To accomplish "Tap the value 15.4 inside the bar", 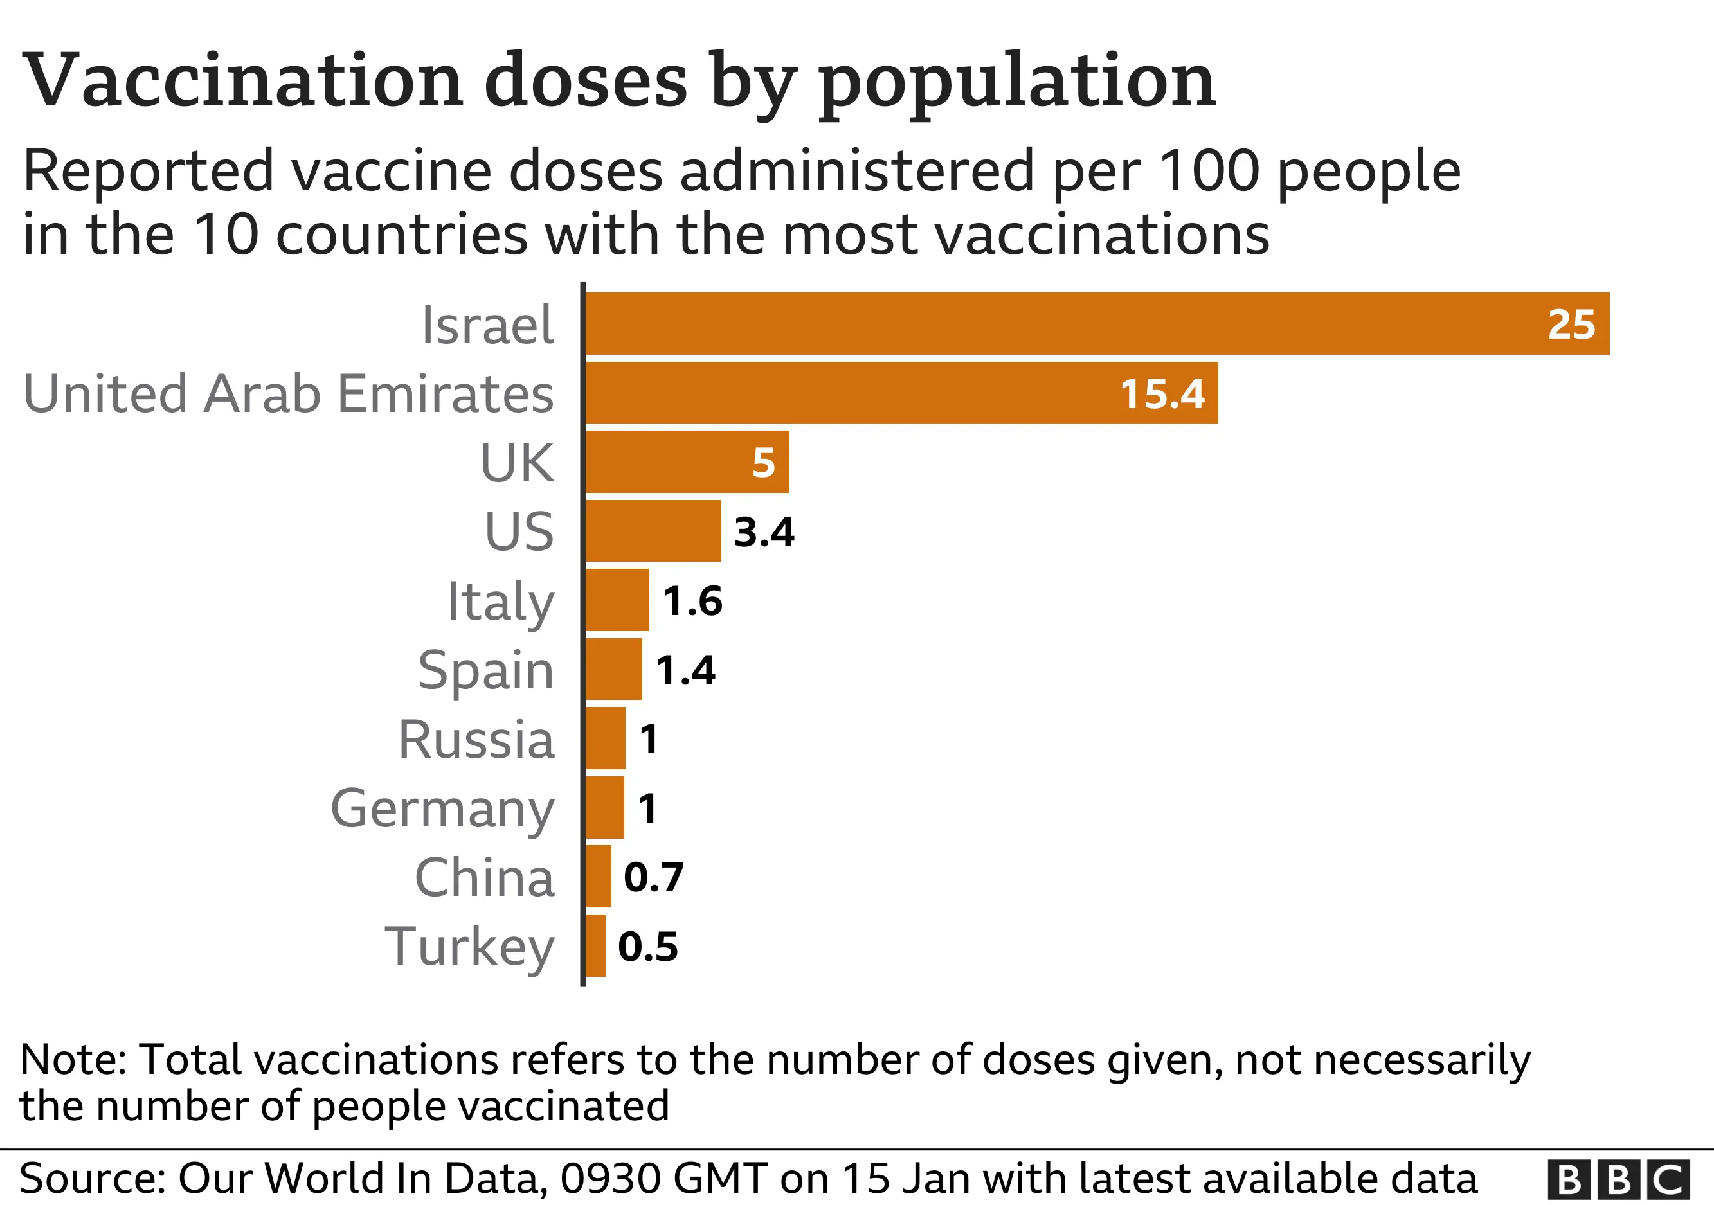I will [1162, 393].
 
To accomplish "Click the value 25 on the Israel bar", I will [1571, 324].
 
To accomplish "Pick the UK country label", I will [517, 463].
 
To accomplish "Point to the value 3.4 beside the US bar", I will [764, 532].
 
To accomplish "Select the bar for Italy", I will [617, 600].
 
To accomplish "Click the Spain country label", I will [485, 670].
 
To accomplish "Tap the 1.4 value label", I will [685, 670].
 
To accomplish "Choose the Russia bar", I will [605, 738].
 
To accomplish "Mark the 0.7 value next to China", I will [653, 877].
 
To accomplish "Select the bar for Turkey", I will [595, 945].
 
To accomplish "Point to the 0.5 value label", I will [648, 946].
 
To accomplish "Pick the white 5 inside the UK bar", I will [763, 463].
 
